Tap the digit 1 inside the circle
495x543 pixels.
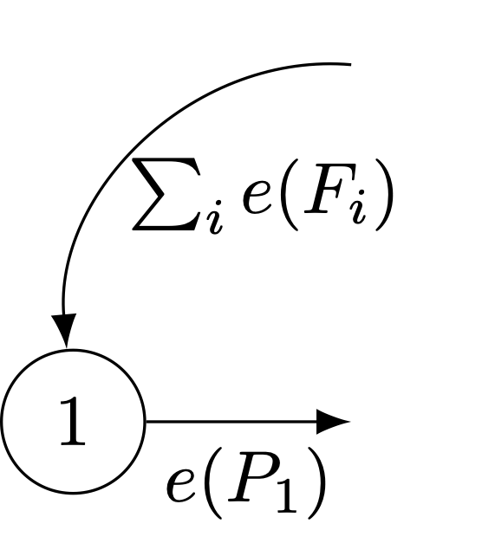point(73,421)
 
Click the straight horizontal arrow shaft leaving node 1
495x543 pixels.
point(231,422)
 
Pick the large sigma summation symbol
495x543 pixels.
point(166,194)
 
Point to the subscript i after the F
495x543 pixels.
point(358,207)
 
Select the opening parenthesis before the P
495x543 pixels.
point(215,482)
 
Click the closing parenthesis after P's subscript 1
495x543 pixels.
point(316,482)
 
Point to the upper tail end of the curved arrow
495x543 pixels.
point(351,64)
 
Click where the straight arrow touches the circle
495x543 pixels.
point(146,422)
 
